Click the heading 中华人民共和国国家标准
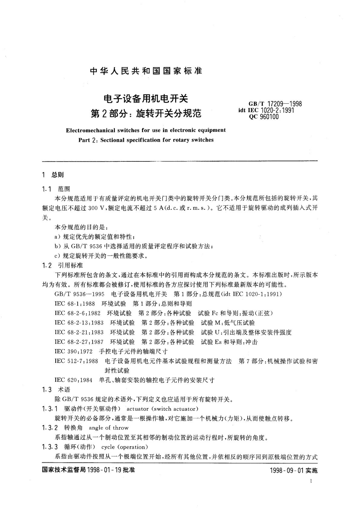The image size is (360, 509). coord(146,71)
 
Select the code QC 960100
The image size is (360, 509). coord(264,117)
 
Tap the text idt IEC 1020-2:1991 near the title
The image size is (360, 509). coord(266,110)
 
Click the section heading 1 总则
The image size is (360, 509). coord(53,175)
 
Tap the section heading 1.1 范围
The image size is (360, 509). coord(56,189)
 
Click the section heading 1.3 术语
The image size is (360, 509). coord(56,390)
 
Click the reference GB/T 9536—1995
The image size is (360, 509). coord(79,294)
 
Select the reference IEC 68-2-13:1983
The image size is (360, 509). coord(79,323)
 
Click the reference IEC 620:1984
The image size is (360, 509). coord(73,380)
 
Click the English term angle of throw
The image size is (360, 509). coord(109,428)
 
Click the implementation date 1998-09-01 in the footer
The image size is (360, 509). coord(284,471)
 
